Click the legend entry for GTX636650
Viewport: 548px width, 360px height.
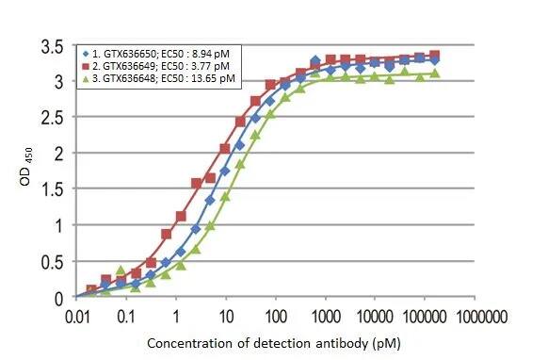click(160, 53)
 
